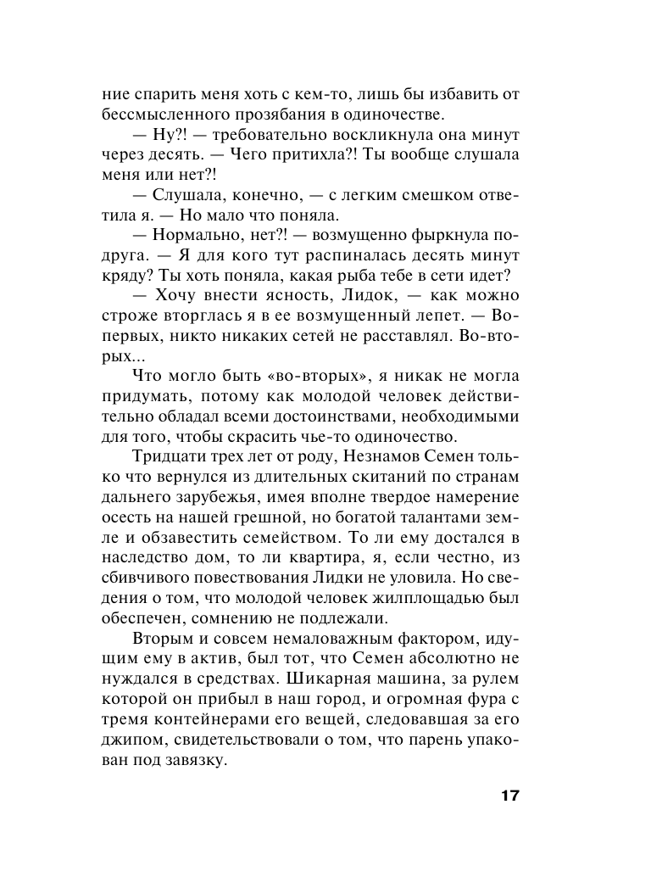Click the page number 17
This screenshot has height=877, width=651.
tap(509, 796)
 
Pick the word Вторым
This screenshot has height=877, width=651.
tap(162, 640)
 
